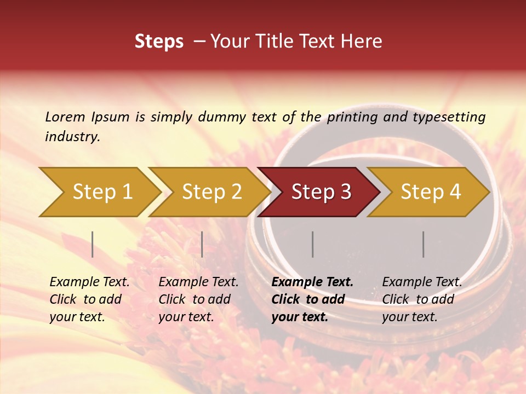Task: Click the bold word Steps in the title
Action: [x=159, y=42]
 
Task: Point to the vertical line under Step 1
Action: [x=93, y=244]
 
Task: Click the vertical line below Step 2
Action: [x=202, y=244]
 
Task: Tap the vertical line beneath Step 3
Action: [x=313, y=244]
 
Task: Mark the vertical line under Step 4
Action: [x=424, y=244]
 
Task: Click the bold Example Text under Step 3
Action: [x=312, y=282]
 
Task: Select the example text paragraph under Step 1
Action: [x=89, y=299]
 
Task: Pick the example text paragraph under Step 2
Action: [x=198, y=299]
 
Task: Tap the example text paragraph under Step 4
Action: [x=422, y=299]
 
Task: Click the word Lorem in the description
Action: [x=65, y=117]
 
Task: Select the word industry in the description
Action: [x=72, y=136]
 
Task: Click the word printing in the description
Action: [x=352, y=117]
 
